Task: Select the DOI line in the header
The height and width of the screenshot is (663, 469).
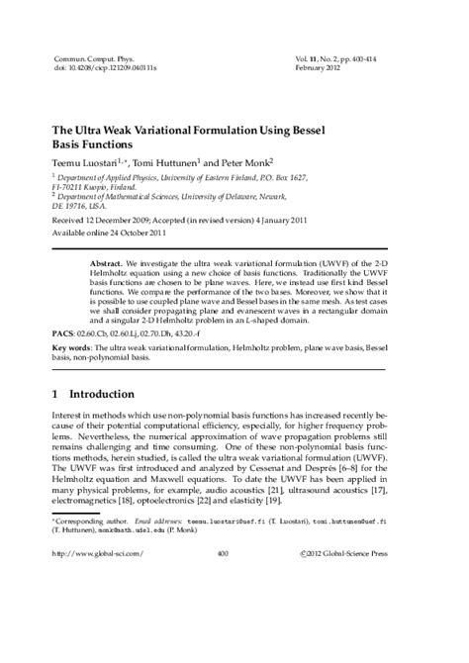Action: coord(96,70)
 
